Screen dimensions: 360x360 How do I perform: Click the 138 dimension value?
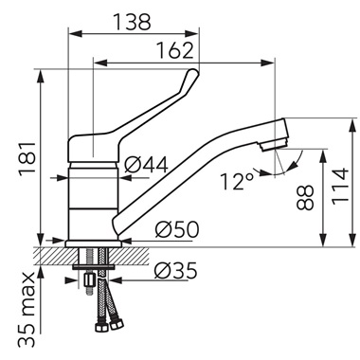click(132, 22)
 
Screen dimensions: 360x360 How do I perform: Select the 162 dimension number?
click(174, 50)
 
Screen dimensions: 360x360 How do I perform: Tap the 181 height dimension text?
click(27, 159)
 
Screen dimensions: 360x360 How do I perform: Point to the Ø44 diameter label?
click(147, 165)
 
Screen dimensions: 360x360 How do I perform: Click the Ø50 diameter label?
click(177, 229)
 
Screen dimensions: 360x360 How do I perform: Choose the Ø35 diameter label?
click(175, 271)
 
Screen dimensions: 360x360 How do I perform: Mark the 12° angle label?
click(237, 181)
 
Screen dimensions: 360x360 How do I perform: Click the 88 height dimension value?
click(305, 198)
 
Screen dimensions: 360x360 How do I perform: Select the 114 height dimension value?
click(340, 187)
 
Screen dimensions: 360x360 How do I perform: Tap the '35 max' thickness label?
click(27, 310)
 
